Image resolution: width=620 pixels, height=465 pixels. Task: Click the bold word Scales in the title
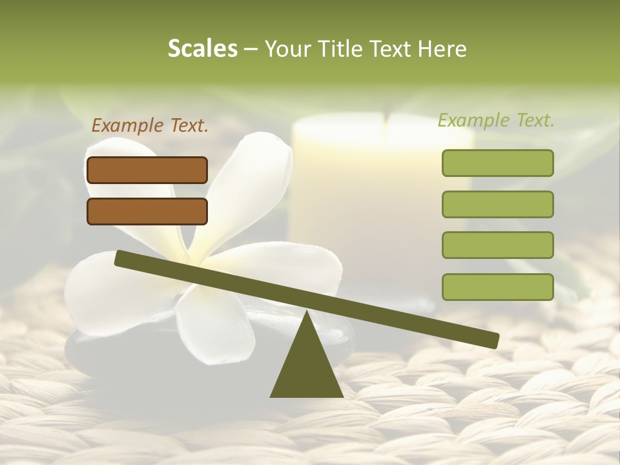pyautogui.click(x=202, y=48)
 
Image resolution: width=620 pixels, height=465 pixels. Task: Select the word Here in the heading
pyautogui.click(x=442, y=49)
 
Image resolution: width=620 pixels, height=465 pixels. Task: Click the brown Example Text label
pyautogui.click(x=150, y=126)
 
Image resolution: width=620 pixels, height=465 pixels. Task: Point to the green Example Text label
pyautogui.click(x=496, y=120)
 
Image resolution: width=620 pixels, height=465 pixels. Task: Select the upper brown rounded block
pyautogui.click(x=147, y=170)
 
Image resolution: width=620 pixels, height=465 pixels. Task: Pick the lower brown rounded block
pyautogui.click(x=147, y=212)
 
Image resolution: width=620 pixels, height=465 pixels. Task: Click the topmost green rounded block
pyautogui.click(x=497, y=163)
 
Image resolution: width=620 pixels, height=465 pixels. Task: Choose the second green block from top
pyautogui.click(x=497, y=204)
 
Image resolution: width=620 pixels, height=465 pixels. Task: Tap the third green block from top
pyautogui.click(x=497, y=245)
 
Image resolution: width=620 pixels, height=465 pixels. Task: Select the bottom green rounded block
pyautogui.click(x=497, y=287)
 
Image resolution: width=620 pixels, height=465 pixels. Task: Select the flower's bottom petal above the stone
pyautogui.click(x=207, y=323)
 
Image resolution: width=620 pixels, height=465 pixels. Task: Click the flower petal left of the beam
pyautogui.click(x=97, y=291)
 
